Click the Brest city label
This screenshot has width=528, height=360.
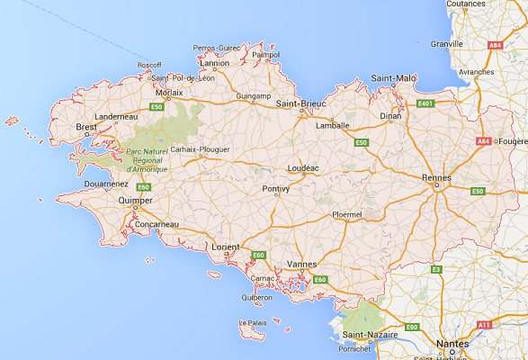pyautogui.click(x=86, y=129)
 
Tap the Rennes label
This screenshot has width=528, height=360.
pyautogui.click(x=435, y=177)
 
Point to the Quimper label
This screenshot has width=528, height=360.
pyautogui.click(x=135, y=201)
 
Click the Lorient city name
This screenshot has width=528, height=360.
pyautogui.click(x=225, y=246)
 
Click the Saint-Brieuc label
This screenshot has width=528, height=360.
pyautogui.click(x=299, y=103)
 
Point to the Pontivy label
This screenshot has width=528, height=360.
pyautogui.click(x=275, y=189)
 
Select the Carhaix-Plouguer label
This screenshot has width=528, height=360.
pyautogui.click(x=201, y=148)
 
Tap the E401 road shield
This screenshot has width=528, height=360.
pyautogui.click(x=425, y=103)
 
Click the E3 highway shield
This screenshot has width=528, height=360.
pyautogui.click(x=436, y=268)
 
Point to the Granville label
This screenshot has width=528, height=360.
pyautogui.click(x=447, y=43)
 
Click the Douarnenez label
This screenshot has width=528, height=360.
pyautogui.click(x=103, y=183)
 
